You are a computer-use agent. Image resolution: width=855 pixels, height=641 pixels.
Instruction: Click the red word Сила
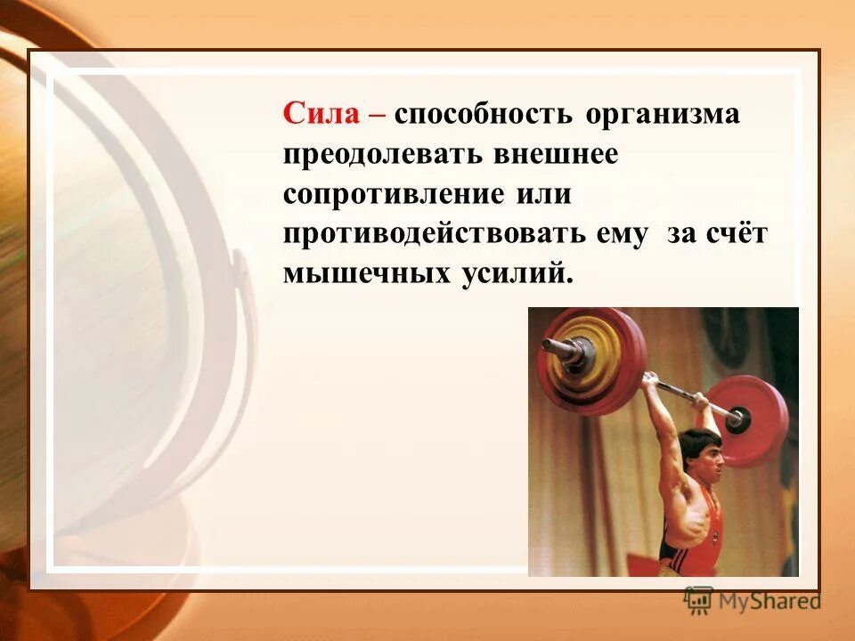(321, 115)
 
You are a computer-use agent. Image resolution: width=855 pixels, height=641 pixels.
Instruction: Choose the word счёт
(737, 233)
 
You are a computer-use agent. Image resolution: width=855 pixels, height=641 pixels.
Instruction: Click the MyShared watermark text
(768, 600)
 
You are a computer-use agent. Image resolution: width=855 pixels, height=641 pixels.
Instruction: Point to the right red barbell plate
(755, 418)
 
